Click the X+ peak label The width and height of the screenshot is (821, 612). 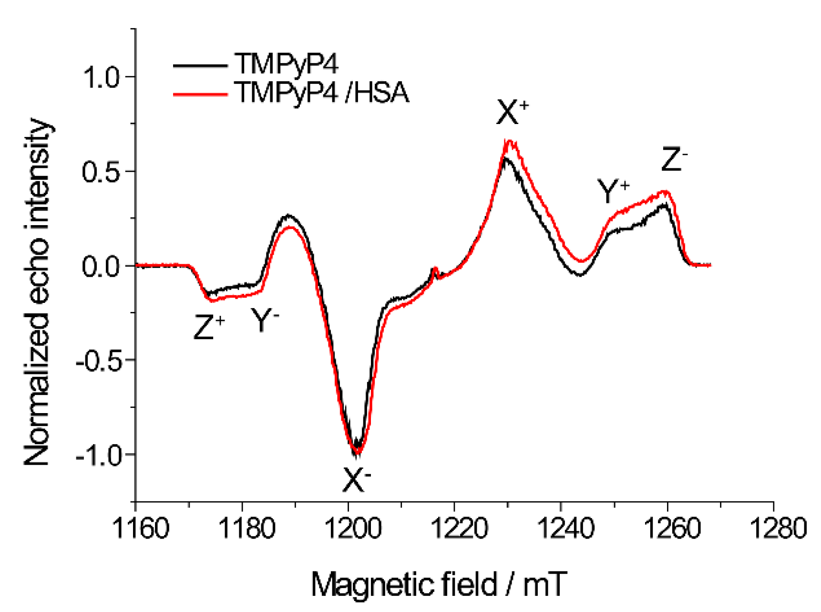pos(512,113)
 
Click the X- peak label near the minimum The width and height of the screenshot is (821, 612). pos(356,479)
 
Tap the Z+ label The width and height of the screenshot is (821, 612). pos(208,327)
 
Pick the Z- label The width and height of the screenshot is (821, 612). pos(674,159)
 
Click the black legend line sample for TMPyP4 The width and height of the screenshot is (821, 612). pos(200,65)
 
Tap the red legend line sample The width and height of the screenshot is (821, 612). pos(200,94)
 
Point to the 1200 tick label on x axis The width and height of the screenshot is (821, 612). pos(353,529)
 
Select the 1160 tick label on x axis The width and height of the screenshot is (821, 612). pos(140,529)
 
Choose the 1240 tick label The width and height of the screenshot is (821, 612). pos(565,529)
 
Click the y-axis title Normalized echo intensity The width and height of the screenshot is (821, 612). pos(38,292)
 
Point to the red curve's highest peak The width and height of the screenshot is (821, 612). pos(509,141)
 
